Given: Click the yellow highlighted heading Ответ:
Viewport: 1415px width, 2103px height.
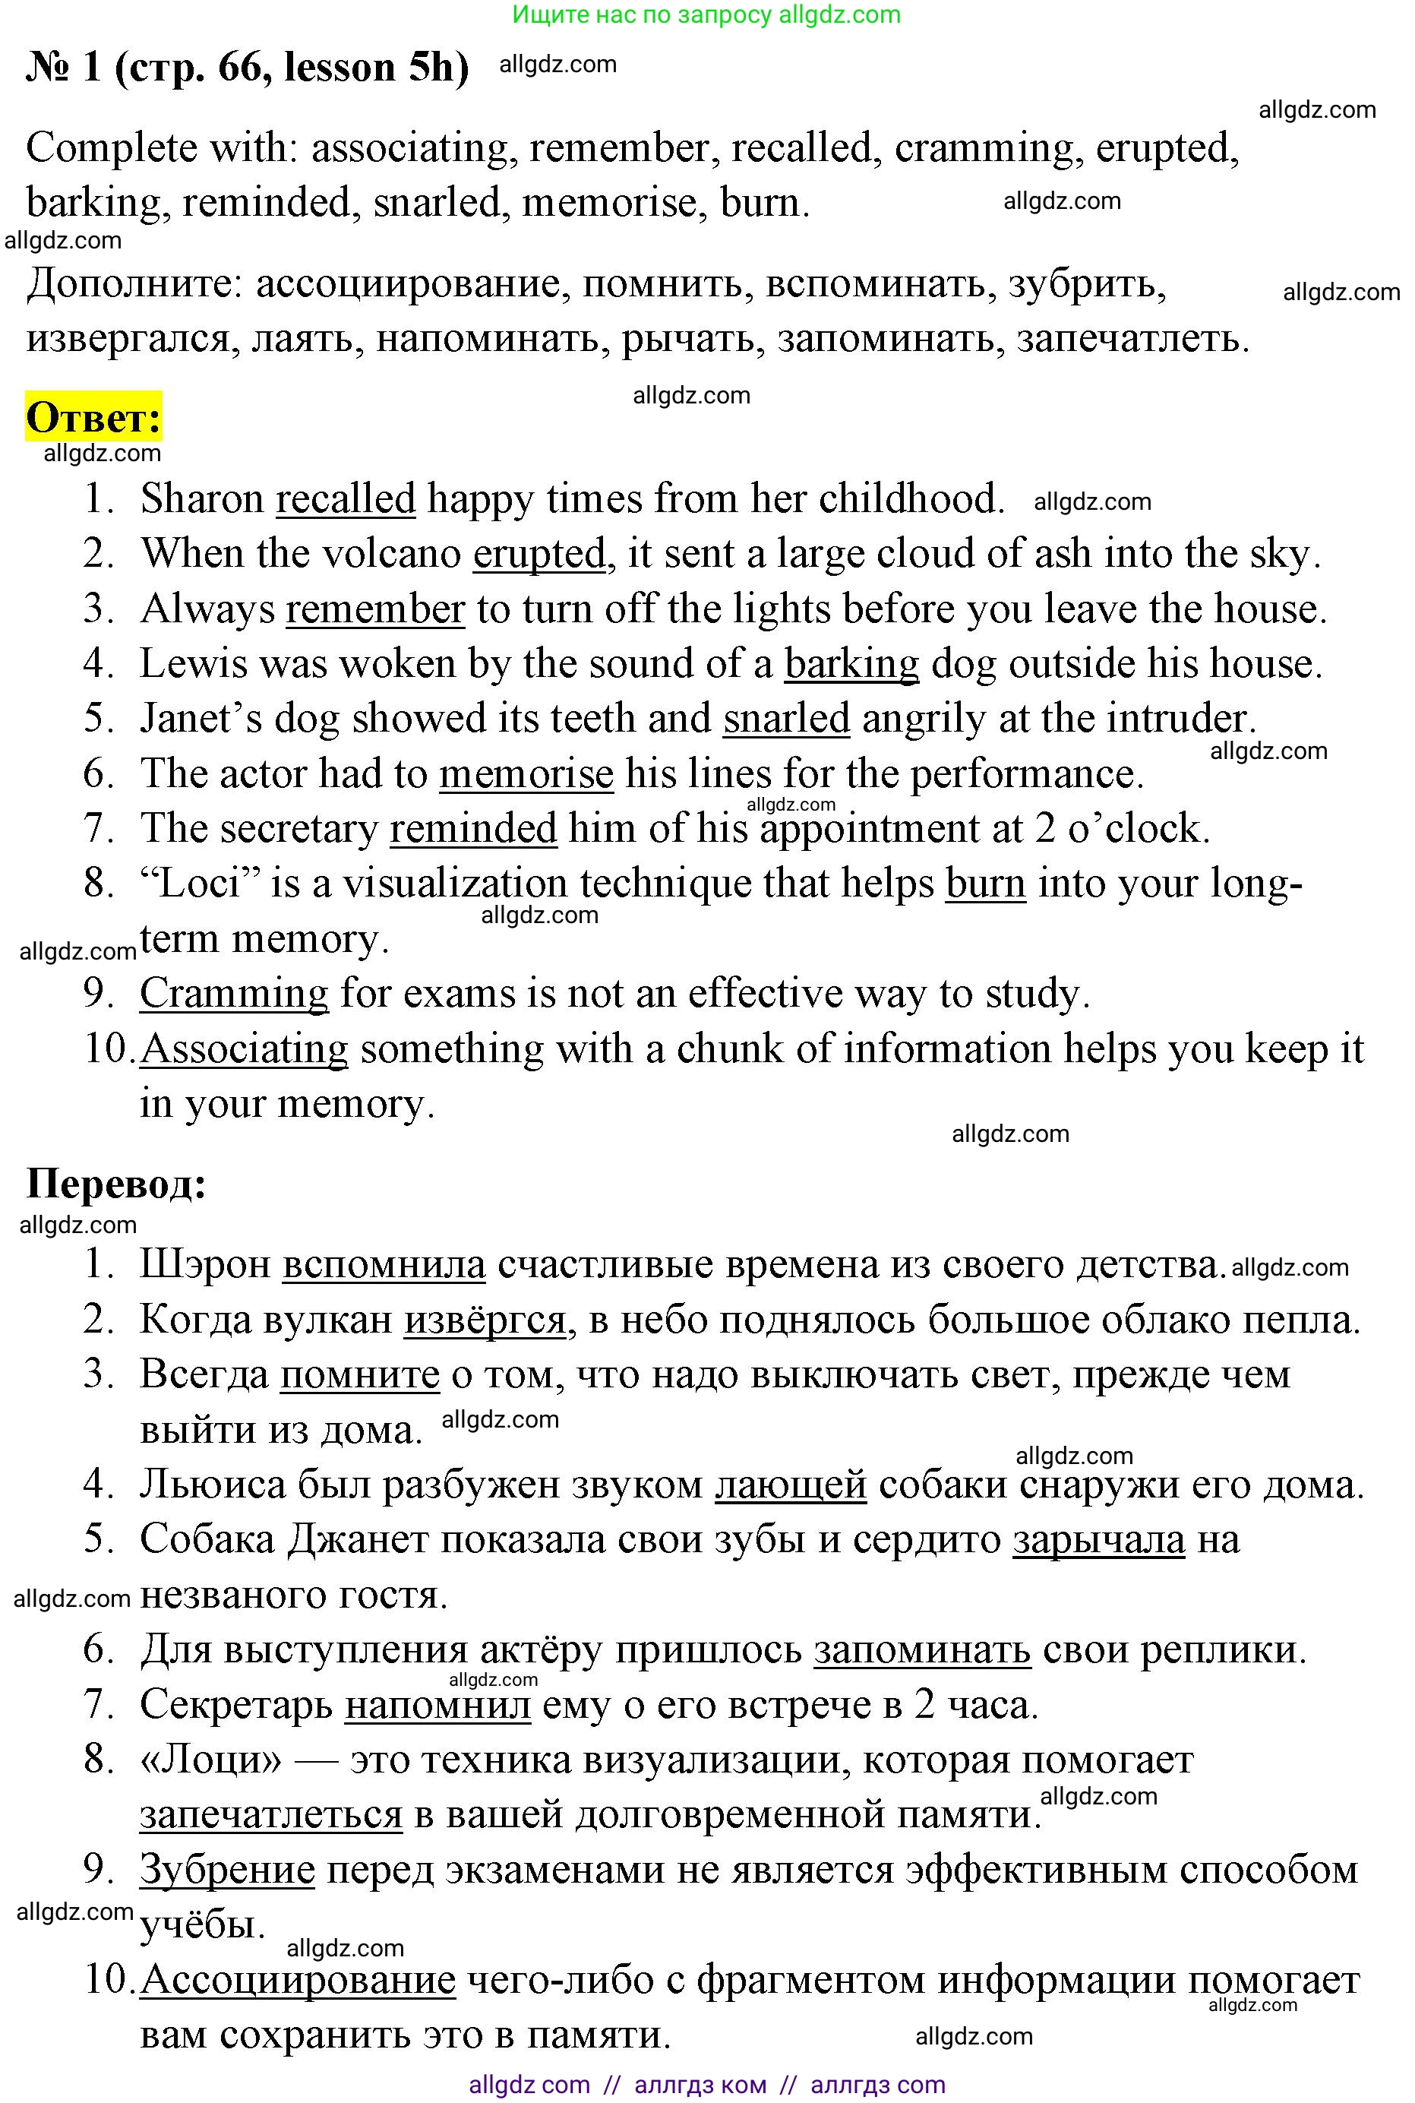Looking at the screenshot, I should pyautogui.click(x=94, y=418).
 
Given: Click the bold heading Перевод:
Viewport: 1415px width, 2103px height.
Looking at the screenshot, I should pyautogui.click(x=116, y=1183).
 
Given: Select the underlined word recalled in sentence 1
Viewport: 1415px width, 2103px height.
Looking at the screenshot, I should pyautogui.click(x=346, y=499).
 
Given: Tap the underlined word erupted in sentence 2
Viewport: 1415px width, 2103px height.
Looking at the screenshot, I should pyautogui.click(x=539, y=554).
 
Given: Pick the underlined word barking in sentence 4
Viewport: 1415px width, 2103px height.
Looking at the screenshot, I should pyautogui.click(x=851, y=664).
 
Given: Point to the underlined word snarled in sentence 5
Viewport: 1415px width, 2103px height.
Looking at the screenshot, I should pyautogui.click(x=786, y=719).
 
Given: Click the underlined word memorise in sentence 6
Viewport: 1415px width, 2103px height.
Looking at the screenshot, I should pyautogui.click(x=526, y=774).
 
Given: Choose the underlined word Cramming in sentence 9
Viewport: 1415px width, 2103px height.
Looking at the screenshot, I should pyautogui.click(x=234, y=994).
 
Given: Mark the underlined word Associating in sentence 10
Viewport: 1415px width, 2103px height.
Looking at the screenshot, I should pyautogui.click(x=244, y=1048).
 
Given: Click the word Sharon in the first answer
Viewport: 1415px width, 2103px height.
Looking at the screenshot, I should pyautogui.click(x=201, y=499).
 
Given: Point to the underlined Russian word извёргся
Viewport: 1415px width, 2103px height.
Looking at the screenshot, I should pyautogui.click(x=485, y=1320).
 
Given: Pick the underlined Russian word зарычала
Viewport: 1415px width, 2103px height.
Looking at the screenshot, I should pyautogui.click(x=1098, y=1540).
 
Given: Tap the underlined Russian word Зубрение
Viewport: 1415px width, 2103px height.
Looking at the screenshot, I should pyautogui.click(x=226, y=1871).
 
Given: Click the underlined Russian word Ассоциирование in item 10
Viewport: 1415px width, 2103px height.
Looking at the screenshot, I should pyautogui.click(x=298, y=1980).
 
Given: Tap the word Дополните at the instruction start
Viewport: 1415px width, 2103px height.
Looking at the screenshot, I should pyautogui.click(x=134, y=284).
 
